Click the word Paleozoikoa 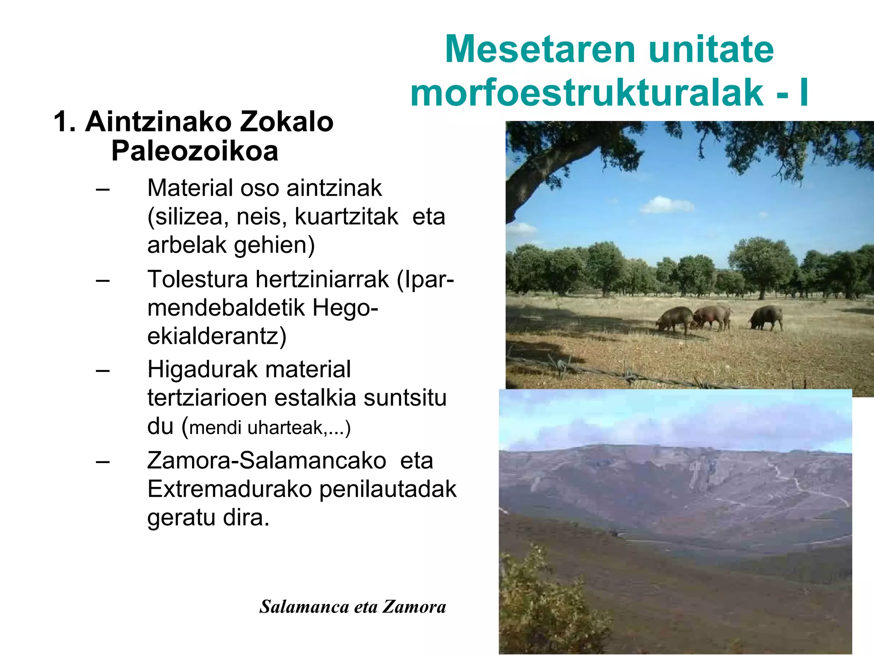tap(195, 151)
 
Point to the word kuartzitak tap(347, 217)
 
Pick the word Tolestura tap(198, 280)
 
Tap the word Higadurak tap(197, 369)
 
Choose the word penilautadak tap(388, 489)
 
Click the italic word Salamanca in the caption tap(304, 607)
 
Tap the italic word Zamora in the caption tap(414, 607)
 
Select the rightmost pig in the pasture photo tap(766, 318)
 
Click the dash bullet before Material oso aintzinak tap(103, 189)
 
